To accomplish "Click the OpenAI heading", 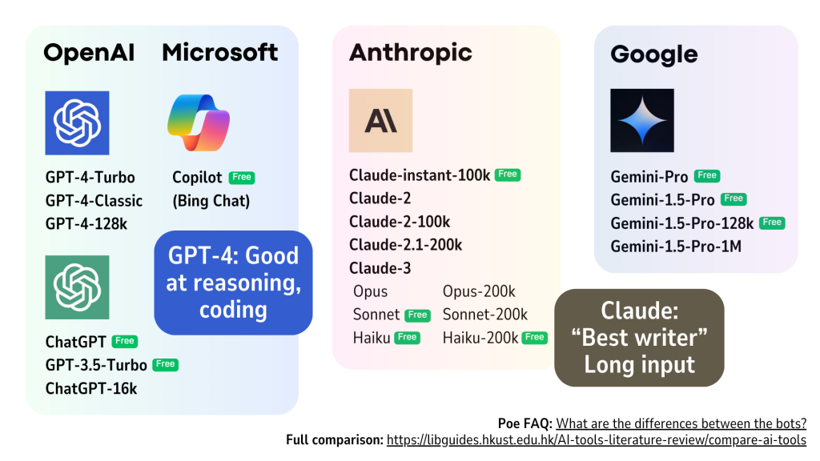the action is coord(89,53).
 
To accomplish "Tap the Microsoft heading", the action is coord(220,52).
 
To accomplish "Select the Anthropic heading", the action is coord(411,53).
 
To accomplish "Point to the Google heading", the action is coord(653,54).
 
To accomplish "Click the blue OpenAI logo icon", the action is coord(77,122).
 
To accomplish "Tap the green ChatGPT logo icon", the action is coord(77,287).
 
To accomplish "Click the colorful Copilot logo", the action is coord(199,122).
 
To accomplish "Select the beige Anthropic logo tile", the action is coord(380,120).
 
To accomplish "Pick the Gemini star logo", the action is coord(642,120).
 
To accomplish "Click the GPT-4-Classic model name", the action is coord(94,201).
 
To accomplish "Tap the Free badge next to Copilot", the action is coord(242,177).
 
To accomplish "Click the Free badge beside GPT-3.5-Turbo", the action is coord(165,364).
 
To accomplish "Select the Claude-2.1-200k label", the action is coord(406,245).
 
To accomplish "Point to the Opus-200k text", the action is coord(479,291).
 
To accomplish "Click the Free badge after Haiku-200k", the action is coord(534,337).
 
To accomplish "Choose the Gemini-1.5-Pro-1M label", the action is coord(676,247).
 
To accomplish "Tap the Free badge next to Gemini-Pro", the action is coord(707,175).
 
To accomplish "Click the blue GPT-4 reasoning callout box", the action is coord(233,283).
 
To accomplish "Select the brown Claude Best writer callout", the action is coord(639,338).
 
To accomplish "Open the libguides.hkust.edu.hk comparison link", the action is coord(596,440).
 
